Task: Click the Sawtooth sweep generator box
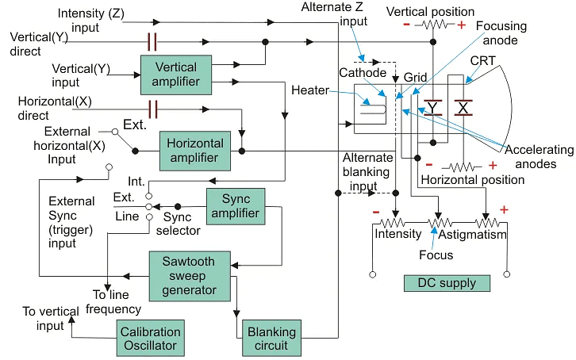point(190,274)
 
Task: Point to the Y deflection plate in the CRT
point(433,107)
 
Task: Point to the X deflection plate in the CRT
point(463,105)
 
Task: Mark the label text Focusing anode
point(501,34)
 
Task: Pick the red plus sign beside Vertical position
point(462,25)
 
